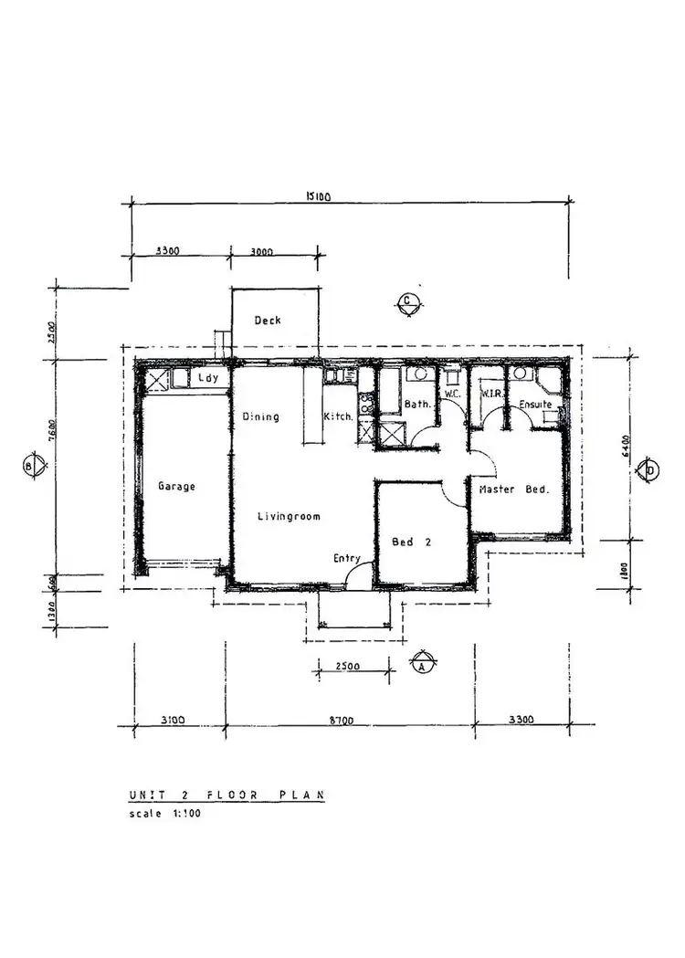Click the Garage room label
point(176,487)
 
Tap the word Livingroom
point(289,517)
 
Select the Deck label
point(268,321)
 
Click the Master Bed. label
point(513,490)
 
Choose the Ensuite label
point(535,405)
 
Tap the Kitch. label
point(339,417)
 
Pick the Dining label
point(260,417)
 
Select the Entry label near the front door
point(347,559)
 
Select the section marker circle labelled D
point(650,469)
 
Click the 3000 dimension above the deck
point(262,251)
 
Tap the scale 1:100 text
point(164,814)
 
